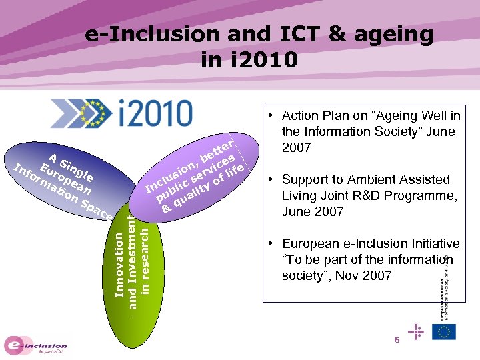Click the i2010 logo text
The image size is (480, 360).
click(152, 112)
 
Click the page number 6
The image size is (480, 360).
click(396, 340)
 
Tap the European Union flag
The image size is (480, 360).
click(443, 331)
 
